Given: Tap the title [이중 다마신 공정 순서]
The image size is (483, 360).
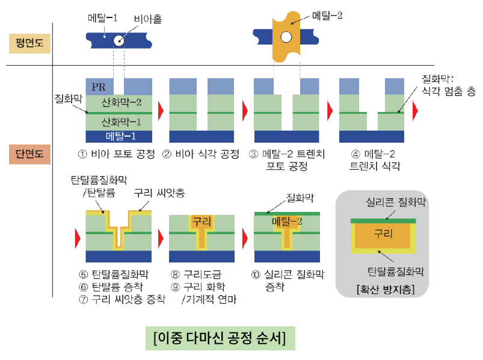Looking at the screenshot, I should (220, 337).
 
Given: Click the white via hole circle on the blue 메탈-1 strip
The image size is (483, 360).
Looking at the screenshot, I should (118, 42).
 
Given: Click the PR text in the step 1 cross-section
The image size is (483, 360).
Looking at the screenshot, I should (99, 87).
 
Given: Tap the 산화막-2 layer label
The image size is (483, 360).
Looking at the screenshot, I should (122, 102).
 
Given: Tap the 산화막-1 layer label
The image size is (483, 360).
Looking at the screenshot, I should (122, 122).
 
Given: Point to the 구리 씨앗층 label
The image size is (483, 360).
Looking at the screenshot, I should (159, 193).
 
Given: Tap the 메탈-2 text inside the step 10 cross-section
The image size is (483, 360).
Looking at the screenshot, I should (286, 222).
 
